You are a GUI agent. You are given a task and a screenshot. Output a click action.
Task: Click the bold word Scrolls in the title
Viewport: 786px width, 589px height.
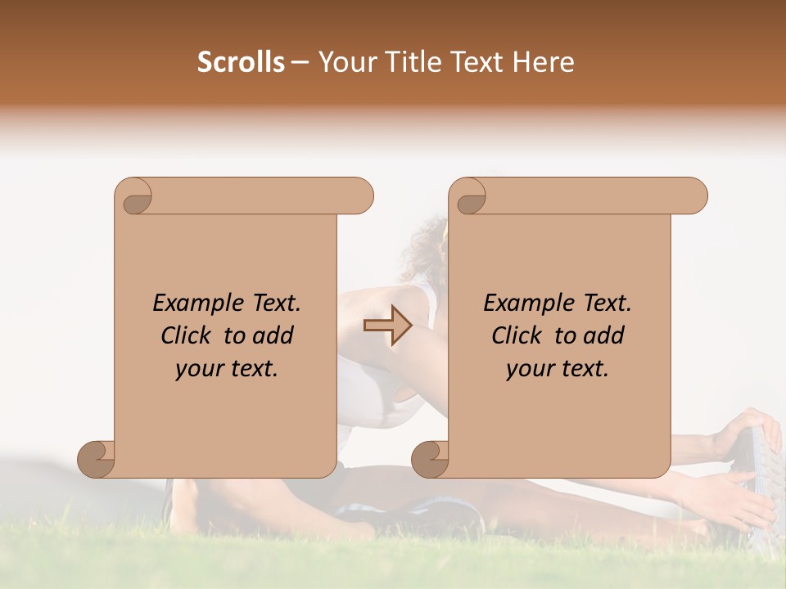pyautogui.click(x=242, y=62)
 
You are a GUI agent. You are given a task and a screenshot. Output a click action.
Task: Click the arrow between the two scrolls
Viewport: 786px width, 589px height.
pyautogui.click(x=387, y=326)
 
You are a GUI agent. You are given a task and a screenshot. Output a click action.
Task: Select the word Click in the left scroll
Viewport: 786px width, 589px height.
pyautogui.click(x=188, y=335)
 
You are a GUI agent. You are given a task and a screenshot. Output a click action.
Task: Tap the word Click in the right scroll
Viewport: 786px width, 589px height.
pyautogui.click(x=519, y=335)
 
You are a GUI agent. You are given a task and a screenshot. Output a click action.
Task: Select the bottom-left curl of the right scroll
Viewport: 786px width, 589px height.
pyautogui.click(x=431, y=458)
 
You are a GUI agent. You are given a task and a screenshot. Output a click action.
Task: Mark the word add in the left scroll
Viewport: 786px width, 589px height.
pyautogui.click(x=274, y=335)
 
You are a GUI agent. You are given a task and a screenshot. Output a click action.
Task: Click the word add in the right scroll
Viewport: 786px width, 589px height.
pyautogui.click(x=605, y=335)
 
